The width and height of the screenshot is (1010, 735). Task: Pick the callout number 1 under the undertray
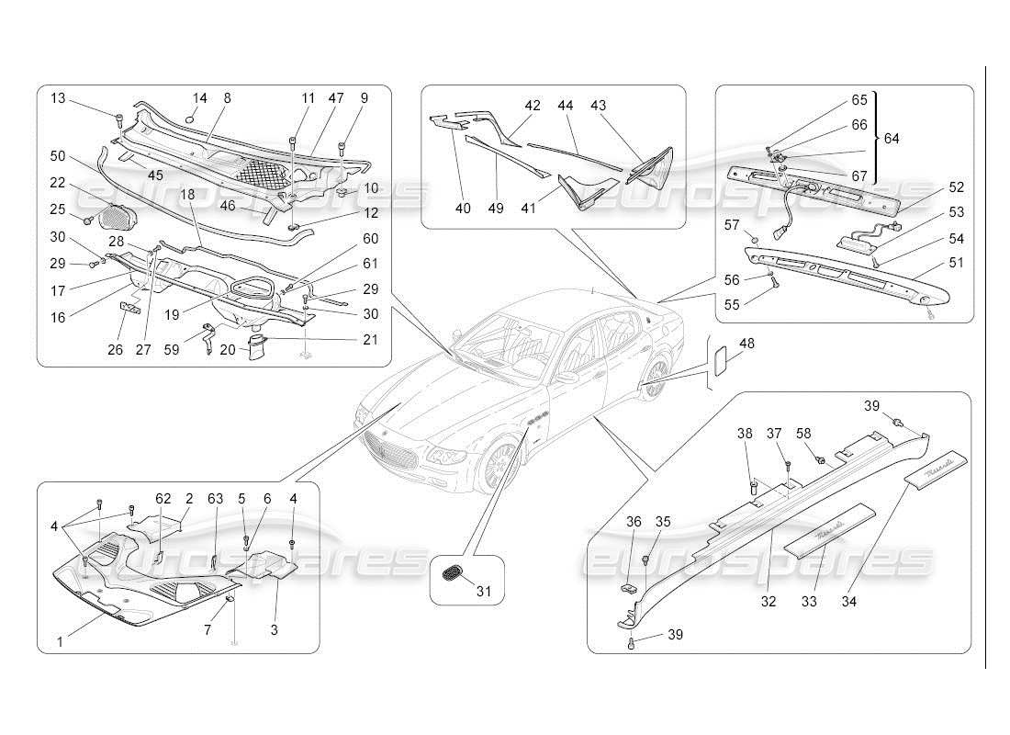[x=60, y=641]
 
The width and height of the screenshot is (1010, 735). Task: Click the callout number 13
[x=59, y=98]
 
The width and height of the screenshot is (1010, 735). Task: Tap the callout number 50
[x=59, y=156]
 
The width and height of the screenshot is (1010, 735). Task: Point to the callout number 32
[x=768, y=602]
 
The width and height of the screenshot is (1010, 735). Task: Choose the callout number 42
[x=532, y=106]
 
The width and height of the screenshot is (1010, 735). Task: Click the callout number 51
[x=957, y=263]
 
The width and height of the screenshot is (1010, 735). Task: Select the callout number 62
[x=163, y=499]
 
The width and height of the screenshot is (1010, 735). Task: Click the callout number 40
[x=463, y=209]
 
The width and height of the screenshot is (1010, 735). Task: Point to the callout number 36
[x=634, y=522]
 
